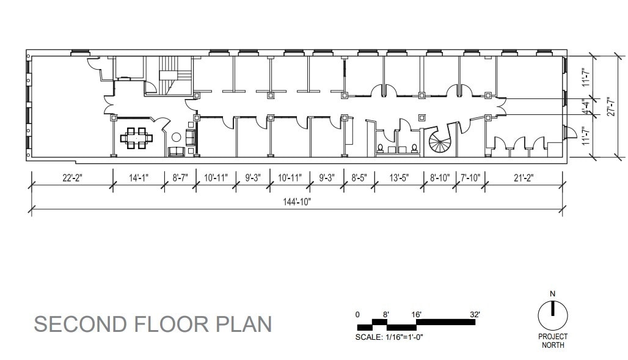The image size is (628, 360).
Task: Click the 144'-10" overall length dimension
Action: [297, 202]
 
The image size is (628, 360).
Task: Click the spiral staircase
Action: [441, 142]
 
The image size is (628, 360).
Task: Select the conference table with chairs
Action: [136, 138]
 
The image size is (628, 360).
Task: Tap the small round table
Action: [177, 138]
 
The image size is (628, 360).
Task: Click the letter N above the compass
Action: [552, 294]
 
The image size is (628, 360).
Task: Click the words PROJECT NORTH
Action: [552, 340]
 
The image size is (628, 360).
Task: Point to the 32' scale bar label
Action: [475, 314]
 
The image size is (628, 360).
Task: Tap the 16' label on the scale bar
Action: [416, 314]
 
